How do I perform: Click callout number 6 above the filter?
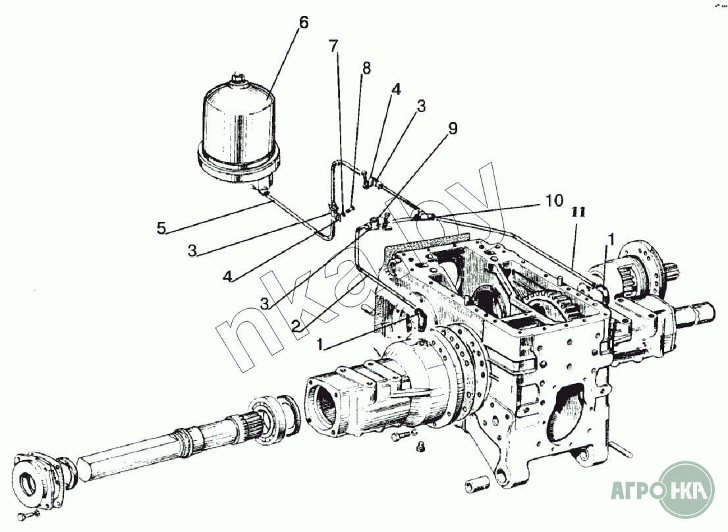(303, 23)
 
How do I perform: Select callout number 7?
(333, 46)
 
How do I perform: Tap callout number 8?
(366, 68)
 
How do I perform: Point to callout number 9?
(453, 128)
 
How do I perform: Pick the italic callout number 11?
(578, 212)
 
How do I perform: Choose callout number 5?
(161, 228)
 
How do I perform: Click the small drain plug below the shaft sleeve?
(419, 446)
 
